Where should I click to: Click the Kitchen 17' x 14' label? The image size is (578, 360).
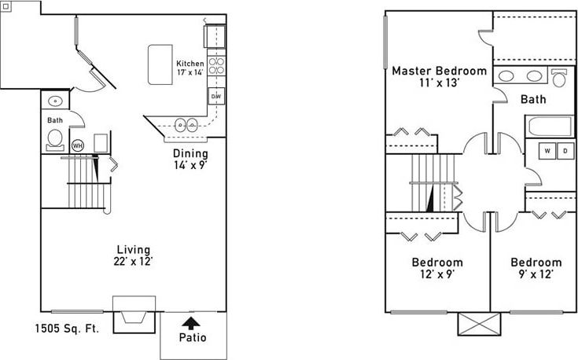coord(190,68)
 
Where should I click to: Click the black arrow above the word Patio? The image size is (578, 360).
coord(190,322)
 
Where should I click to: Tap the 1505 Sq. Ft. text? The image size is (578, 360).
coord(68,329)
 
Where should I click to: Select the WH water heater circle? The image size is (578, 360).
coord(77,145)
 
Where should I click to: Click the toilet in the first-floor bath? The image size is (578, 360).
coord(55,139)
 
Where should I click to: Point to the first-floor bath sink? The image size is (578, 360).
coord(55,101)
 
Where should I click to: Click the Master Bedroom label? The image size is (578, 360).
coord(439,75)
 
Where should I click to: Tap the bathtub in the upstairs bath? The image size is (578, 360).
coord(549,127)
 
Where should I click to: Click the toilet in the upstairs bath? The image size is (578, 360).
coord(560,78)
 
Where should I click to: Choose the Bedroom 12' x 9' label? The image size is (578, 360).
coord(437,268)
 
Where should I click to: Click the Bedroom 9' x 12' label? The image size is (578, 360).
coord(536,268)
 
